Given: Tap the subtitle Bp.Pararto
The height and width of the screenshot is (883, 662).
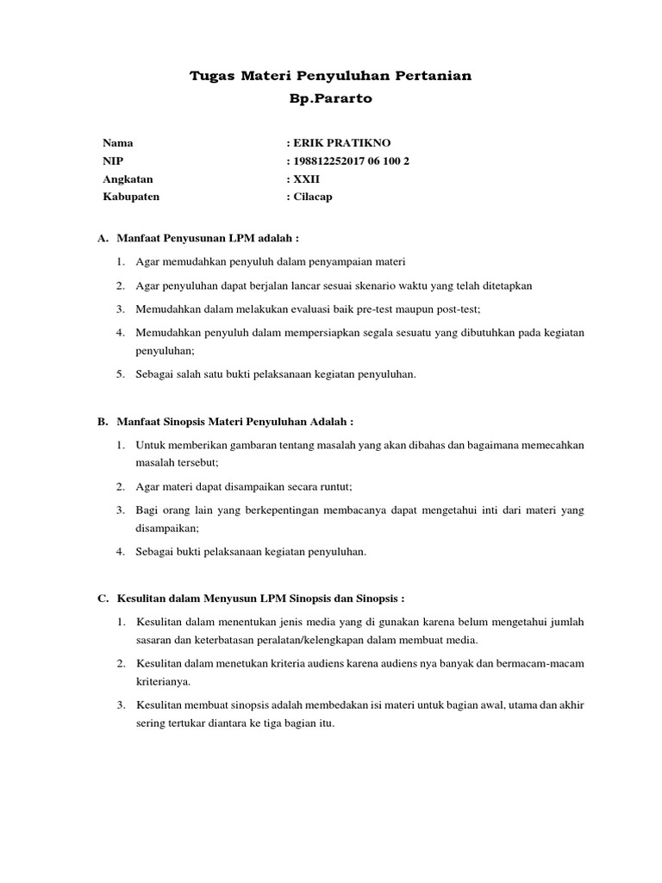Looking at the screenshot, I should (331, 99).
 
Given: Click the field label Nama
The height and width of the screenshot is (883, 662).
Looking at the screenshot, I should (118, 142).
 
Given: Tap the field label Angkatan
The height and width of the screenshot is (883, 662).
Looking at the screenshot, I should (128, 178).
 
